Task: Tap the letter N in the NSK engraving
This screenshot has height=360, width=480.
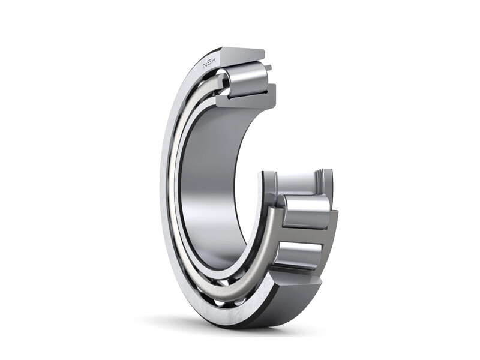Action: (206, 65)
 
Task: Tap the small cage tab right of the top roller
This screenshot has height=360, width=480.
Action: (268, 68)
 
